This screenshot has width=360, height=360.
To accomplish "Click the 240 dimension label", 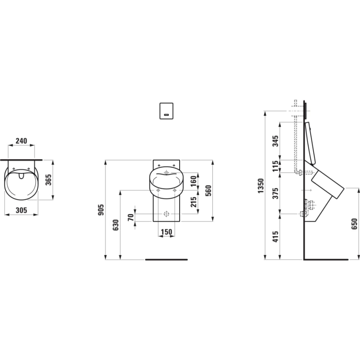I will click(21, 141).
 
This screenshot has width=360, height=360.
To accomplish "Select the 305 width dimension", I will click(21, 210).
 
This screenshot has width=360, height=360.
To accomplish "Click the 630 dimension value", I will click(115, 225).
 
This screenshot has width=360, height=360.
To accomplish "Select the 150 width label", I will click(166, 232).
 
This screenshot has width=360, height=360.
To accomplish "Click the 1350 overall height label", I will click(260, 185).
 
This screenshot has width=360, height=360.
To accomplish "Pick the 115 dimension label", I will click(276, 166).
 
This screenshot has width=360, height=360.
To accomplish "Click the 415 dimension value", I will click(276, 237).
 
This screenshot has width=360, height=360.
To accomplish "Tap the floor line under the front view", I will click(166, 260).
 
